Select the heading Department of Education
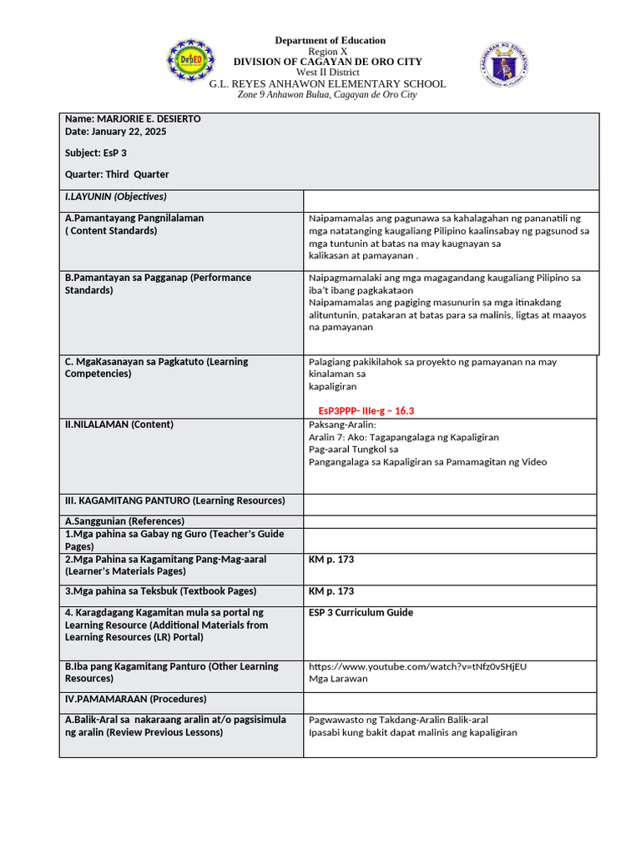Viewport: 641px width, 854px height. [331, 40]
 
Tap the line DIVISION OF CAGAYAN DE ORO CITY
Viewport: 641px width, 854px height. [327, 62]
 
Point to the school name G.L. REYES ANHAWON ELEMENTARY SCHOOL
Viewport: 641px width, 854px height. [327, 83]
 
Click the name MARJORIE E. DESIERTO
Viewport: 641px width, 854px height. [133, 119]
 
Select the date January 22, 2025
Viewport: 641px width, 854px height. [115, 132]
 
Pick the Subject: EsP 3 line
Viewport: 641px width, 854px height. [96, 153]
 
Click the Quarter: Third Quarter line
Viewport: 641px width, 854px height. [117, 174]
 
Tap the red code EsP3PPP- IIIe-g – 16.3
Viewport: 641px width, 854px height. [366, 411]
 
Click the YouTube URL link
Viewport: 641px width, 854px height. [417, 666]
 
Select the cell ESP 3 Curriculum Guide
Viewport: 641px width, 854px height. [361, 612]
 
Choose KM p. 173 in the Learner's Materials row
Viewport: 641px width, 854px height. [331, 560]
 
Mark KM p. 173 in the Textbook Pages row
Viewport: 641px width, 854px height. [331, 591]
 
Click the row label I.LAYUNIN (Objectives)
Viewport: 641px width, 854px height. [116, 197]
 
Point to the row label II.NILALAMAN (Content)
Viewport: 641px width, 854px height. [119, 424]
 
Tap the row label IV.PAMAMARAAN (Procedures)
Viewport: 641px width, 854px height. [135, 699]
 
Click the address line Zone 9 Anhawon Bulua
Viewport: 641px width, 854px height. [327, 95]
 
